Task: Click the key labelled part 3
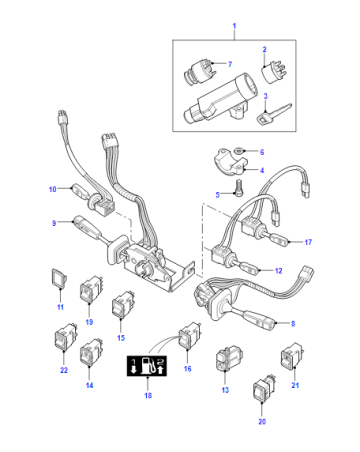tap(274, 114)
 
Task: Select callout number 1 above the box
tap(234, 26)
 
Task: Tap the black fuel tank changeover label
tap(147, 366)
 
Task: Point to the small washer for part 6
tap(239, 151)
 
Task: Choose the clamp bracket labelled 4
tap(230, 163)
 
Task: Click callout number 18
tap(148, 395)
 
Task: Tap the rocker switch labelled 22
tap(65, 337)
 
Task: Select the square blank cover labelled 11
tap(59, 278)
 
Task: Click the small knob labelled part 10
tap(79, 191)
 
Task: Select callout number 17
tap(308, 242)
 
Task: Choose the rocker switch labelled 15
tap(123, 305)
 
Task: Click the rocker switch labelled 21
tap(292, 356)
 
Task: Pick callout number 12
tap(279, 271)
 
